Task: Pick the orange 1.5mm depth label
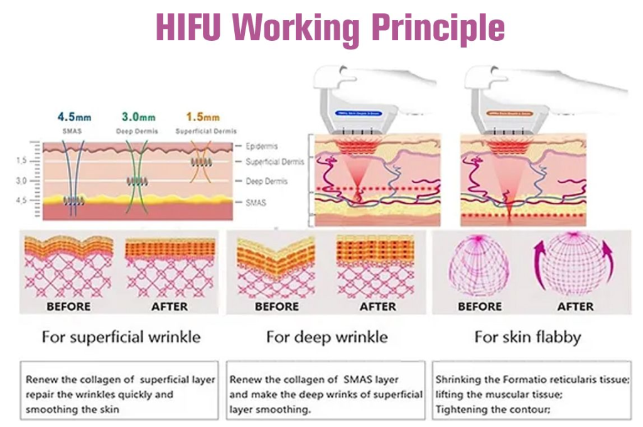pos(203,117)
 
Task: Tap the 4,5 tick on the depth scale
pos(21,200)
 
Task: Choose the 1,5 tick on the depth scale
pos(21,161)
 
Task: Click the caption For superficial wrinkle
pos(121,337)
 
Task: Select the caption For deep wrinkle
pos(327,337)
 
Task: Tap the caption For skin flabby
pos(527,337)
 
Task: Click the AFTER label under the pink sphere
pos(575,306)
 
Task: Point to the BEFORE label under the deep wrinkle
pos(277,306)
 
